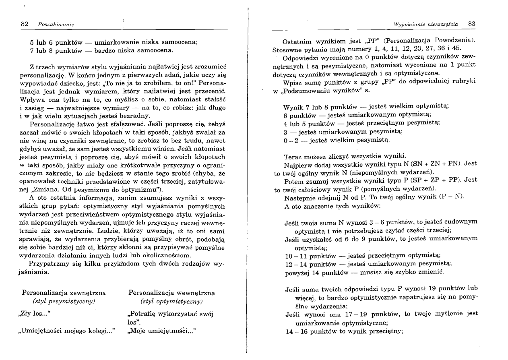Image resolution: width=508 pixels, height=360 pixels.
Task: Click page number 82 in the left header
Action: point(25,25)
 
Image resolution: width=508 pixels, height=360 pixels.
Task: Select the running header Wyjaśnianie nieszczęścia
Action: point(426,25)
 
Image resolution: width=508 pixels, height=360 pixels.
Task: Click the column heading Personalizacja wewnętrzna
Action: point(171,293)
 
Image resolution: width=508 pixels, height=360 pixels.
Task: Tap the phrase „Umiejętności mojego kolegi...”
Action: point(67,331)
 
